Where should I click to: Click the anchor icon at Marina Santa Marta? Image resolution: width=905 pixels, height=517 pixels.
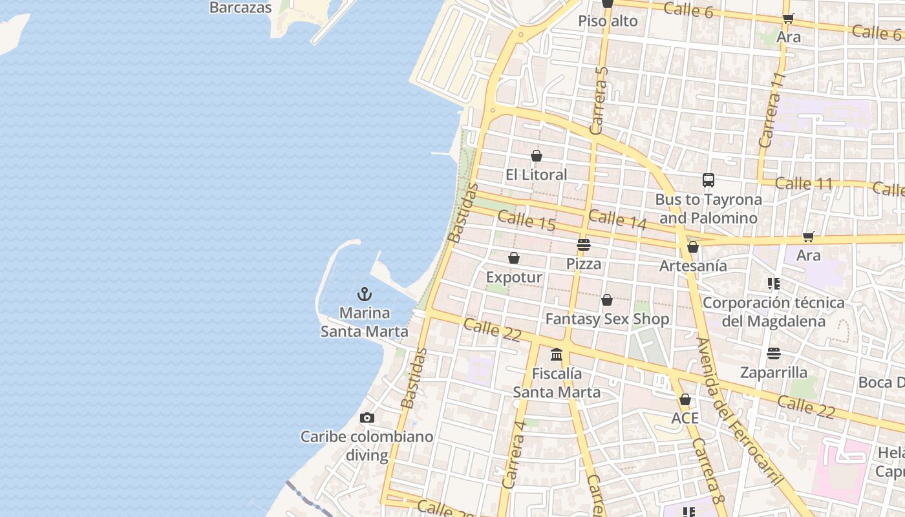(x=365, y=295)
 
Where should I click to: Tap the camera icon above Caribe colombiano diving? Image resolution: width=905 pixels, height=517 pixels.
(x=367, y=418)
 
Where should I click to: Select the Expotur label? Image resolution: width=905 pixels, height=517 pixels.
(x=514, y=277)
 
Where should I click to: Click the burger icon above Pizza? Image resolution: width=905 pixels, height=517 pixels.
(x=584, y=245)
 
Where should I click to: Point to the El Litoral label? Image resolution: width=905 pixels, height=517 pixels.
(x=536, y=174)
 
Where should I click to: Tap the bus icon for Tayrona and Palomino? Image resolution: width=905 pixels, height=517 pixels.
(x=708, y=180)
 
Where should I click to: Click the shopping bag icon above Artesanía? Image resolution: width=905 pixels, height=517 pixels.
(x=693, y=247)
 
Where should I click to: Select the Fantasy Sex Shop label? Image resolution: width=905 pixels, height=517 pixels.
(x=607, y=319)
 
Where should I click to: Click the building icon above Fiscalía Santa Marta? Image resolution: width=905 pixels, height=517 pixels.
(x=557, y=355)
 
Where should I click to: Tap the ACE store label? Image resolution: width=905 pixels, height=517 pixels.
(x=685, y=418)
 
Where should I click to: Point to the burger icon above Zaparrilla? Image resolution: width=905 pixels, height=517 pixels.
(x=774, y=353)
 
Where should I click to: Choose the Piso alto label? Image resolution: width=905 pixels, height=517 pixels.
(x=608, y=21)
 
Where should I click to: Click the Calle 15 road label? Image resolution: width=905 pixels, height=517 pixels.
(x=527, y=220)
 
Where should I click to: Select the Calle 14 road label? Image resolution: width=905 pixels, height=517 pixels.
(x=617, y=219)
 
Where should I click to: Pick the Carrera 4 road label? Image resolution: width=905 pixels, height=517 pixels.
(x=515, y=454)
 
